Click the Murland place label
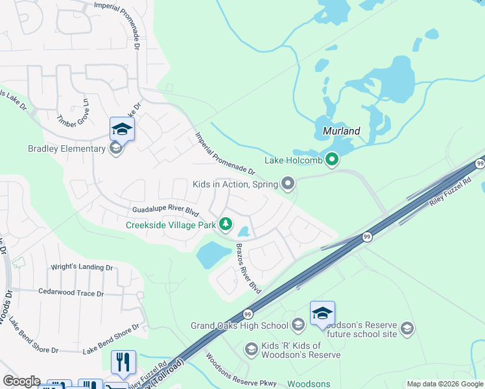341,130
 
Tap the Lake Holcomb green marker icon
332,159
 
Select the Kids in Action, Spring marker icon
289,185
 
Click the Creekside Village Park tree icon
226,224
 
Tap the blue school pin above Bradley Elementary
122,130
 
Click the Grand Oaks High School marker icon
298,325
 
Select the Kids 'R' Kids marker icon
251,349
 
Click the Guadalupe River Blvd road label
165,210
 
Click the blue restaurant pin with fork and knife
123,363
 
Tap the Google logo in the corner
21,381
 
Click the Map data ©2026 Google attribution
445,384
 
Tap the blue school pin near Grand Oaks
322,314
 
